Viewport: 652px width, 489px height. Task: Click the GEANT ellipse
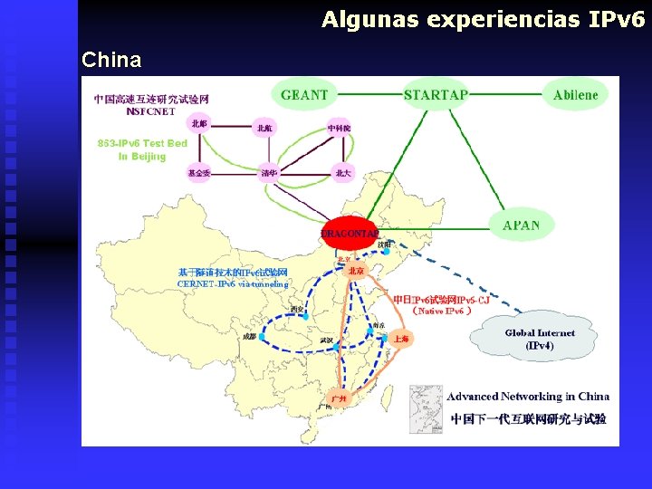pyautogui.click(x=303, y=95)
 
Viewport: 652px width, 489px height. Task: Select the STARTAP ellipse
pyautogui.click(x=436, y=95)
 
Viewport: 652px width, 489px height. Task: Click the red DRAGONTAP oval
pyautogui.click(x=349, y=234)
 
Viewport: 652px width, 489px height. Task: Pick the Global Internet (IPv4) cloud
pyautogui.click(x=540, y=340)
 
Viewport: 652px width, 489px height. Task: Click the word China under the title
pyautogui.click(x=111, y=61)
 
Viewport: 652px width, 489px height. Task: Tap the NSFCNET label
pyautogui.click(x=150, y=112)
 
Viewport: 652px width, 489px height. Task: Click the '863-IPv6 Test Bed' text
pyautogui.click(x=142, y=143)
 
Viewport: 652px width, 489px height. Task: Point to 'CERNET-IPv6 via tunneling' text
pyautogui.click(x=233, y=284)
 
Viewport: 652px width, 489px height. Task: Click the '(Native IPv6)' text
pyautogui.click(x=442, y=311)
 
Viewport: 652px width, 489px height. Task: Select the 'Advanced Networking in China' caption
pyautogui.click(x=528, y=396)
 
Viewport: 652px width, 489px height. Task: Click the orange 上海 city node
pyautogui.click(x=402, y=340)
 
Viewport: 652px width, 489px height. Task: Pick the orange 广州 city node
pyautogui.click(x=338, y=398)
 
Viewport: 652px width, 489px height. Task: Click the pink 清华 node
pyautogui.click(x=269, y=172)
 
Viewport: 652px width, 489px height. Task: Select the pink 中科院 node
pyautogui.click(x=339, y=128)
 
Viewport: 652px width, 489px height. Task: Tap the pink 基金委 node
pyautogui.click(x=199, y=172)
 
